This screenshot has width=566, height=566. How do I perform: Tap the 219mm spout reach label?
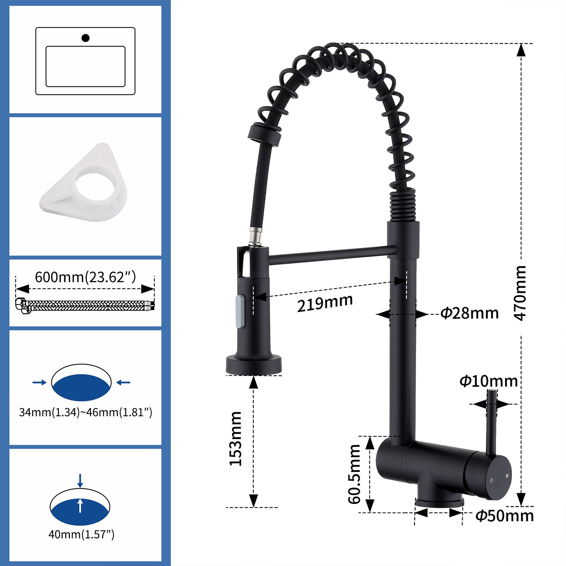pyautogui.click(x=325, y=304)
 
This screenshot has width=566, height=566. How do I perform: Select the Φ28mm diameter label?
pyautogui.click(x=469, y=313)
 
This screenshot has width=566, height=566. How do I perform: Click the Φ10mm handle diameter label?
pyautogui.click(x=489, y=381)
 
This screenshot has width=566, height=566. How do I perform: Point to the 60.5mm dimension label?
pyautogui.click(x=354, y=474)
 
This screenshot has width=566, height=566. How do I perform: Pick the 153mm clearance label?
pyautogui.click(x=236, y=439)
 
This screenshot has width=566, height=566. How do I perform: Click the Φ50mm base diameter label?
pyautogui.click(x=504, y=516)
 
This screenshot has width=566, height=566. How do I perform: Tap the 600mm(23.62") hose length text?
pyautogui.click(x=85, y=277)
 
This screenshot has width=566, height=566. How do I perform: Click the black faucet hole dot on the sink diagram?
pyautogui.click(x=85, y=38)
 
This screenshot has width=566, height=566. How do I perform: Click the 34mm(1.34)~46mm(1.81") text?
pyautogui.click(x=85, y=412)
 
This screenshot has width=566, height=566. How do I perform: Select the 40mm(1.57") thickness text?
pyautogui.click(x=81, y=535)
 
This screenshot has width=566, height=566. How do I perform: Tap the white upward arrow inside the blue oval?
pyautogui.click(x=81, y=505)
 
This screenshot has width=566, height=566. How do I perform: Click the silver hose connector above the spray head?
pyautogui.click(x=255, y=237)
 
